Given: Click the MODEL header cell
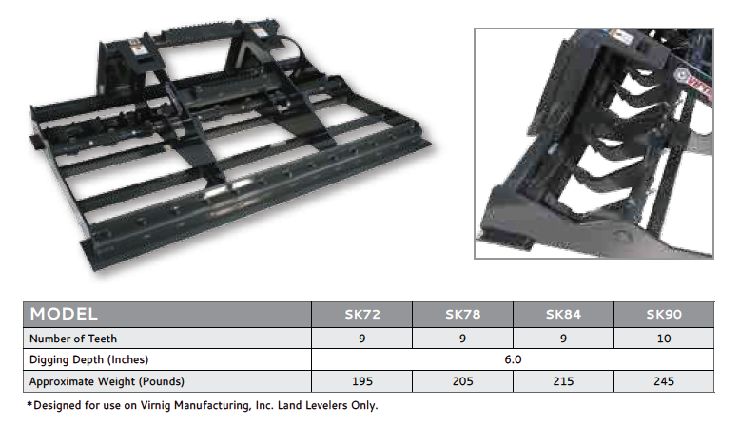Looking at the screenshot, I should pos(64,314).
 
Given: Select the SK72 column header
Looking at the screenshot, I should pos(362,315).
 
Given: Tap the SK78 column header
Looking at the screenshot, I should pos(463,315).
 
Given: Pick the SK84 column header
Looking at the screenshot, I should pos(563,315).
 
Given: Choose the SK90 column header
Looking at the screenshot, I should pos(664,315).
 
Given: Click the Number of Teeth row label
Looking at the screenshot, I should pos(73,339).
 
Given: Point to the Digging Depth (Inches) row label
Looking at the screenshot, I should pos(89,359).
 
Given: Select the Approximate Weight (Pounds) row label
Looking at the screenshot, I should pos(107,381).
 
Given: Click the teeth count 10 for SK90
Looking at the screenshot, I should pos(664,339).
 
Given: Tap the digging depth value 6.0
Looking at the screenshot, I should pos(513,359).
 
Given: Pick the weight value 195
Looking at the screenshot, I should pos(362,381).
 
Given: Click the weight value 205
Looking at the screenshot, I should pos(463,381).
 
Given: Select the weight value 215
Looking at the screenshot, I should pos(563,381).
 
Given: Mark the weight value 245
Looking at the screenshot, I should pos(664,381).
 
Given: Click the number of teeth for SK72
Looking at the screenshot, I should pos(362,339).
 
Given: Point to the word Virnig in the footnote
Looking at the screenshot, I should pos(156,406).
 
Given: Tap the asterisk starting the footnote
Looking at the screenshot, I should pos(29,405).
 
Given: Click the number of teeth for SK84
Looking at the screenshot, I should pos(563,339).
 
